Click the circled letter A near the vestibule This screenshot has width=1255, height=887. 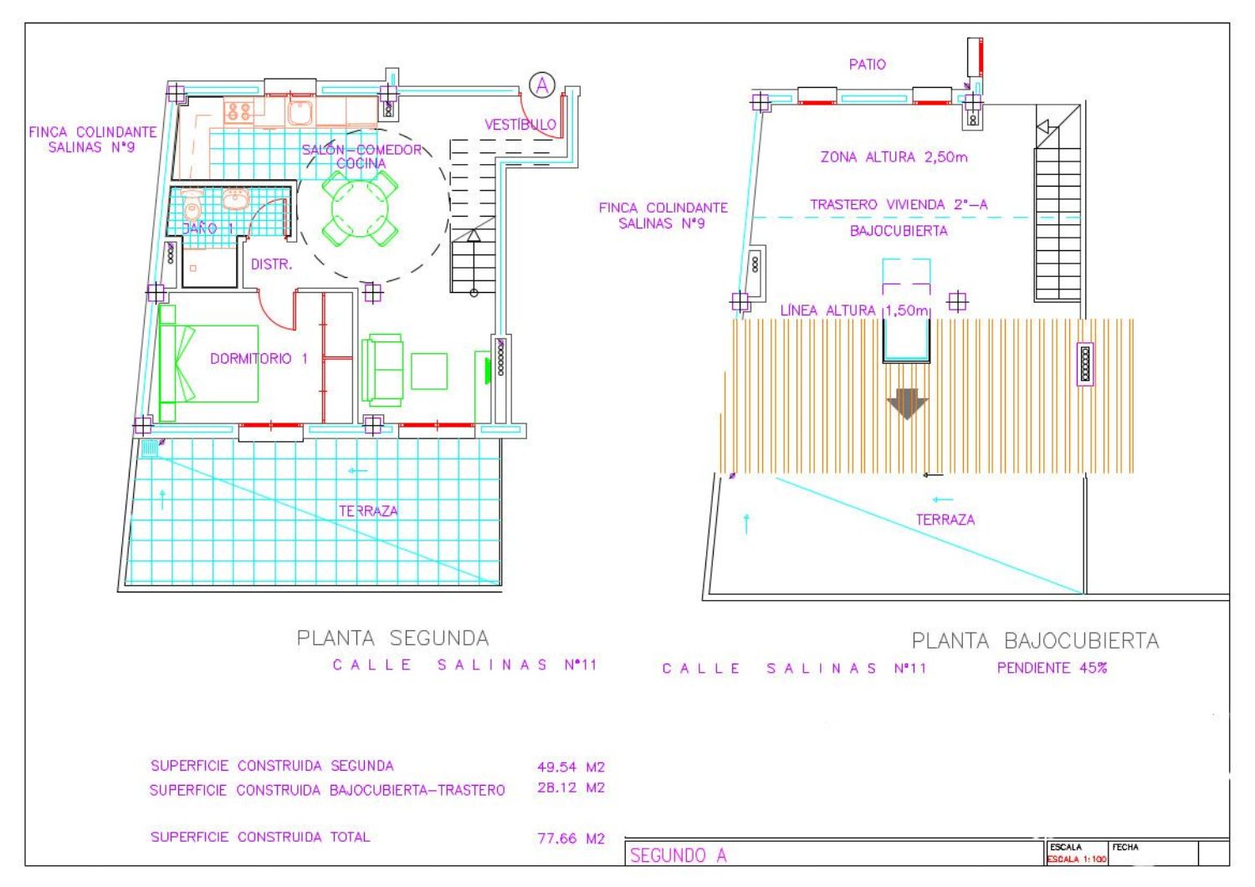[x=542, y=85]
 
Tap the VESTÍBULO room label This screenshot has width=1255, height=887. [x=520, y=125]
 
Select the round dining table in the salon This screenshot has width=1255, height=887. [x=360, y=208]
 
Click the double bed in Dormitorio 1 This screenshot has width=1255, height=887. [x=208, y=363]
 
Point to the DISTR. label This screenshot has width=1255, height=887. [x=271, y=264]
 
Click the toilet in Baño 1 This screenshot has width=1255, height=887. [x=192, y=206]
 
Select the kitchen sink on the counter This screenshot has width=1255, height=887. [x=300, y=111]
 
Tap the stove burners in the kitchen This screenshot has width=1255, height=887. [x=239, y=111]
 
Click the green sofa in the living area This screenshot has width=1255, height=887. [x=382, y=370]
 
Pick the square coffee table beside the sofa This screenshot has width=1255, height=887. [x=429, y=371]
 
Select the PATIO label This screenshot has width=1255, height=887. [x=868, y=64]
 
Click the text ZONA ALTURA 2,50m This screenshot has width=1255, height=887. [x=894, y=156]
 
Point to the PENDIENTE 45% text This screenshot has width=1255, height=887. [x=1052, y=668]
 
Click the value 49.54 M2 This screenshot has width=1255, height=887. [x=571, y=767]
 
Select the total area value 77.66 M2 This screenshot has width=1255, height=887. [x=571, y=838]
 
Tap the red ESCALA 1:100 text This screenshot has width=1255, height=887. [x=1077, y=859]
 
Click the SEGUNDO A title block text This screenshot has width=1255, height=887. [x=678, y=855]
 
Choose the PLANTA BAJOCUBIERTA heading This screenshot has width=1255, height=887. [x=1036, y=640]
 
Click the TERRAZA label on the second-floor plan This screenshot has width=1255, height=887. [x=368, y=511]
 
